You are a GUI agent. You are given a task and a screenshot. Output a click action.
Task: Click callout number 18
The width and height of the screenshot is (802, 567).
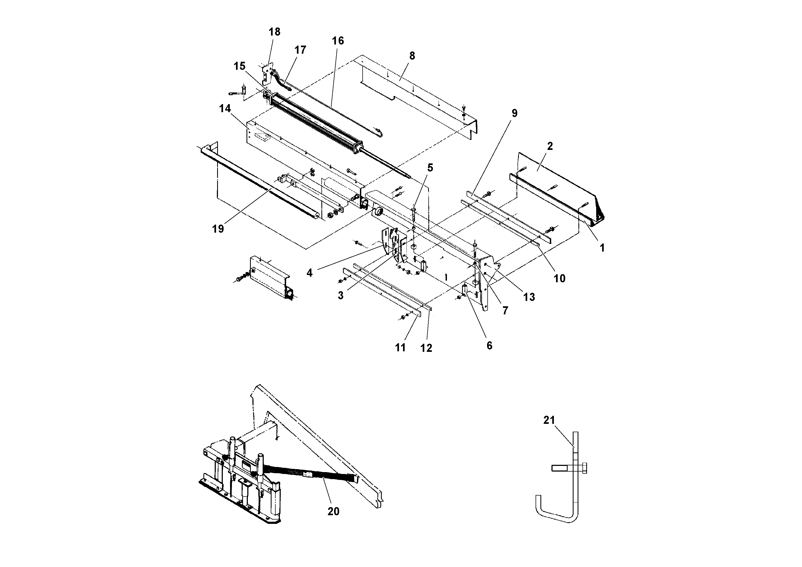tap(274, 32)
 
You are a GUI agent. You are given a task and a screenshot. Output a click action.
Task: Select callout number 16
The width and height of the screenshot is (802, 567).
tap(338, 41)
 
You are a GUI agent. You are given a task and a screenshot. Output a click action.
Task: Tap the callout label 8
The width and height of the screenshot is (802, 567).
tap(412, 56)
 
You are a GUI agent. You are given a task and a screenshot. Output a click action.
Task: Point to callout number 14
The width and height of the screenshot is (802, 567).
tap(225, 109)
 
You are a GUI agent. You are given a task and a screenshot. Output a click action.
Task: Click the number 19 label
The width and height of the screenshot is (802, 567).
tap(218, 229)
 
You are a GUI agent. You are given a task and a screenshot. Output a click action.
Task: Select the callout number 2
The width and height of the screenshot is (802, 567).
tap(550, 146)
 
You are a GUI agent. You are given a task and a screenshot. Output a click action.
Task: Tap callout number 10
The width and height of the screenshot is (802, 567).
tap(559, 279)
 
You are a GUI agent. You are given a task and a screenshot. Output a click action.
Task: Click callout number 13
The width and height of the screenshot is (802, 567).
tap(529, 297)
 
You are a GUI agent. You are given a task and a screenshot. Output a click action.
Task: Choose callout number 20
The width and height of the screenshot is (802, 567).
tap(333, 511)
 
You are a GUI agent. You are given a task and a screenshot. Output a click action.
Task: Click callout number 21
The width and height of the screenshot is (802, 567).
tap(549, 420)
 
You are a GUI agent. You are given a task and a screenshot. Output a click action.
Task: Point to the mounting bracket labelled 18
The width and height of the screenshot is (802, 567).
tap(267, 74)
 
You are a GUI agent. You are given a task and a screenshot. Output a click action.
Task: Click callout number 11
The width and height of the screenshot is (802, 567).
tap(400, 348)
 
